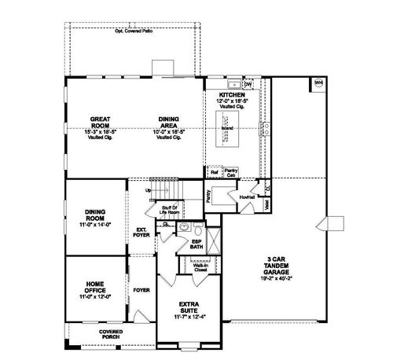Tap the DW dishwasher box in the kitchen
248,84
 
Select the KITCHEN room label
233,94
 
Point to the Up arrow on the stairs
147,190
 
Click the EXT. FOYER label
142,232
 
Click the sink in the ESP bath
184,227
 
